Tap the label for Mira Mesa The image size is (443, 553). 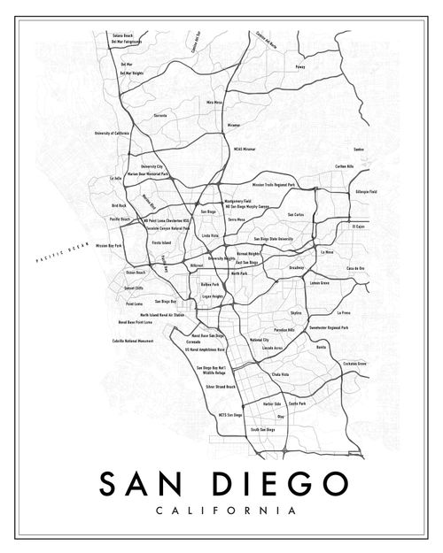pos(214,103)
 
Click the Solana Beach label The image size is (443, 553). pos(121,35)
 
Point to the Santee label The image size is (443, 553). pos(359,149)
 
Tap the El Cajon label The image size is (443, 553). pos(357,226)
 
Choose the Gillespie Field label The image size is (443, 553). pos(366,191)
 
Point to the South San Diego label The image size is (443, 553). pos(263,430)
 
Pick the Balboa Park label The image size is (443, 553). pos(210,284)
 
